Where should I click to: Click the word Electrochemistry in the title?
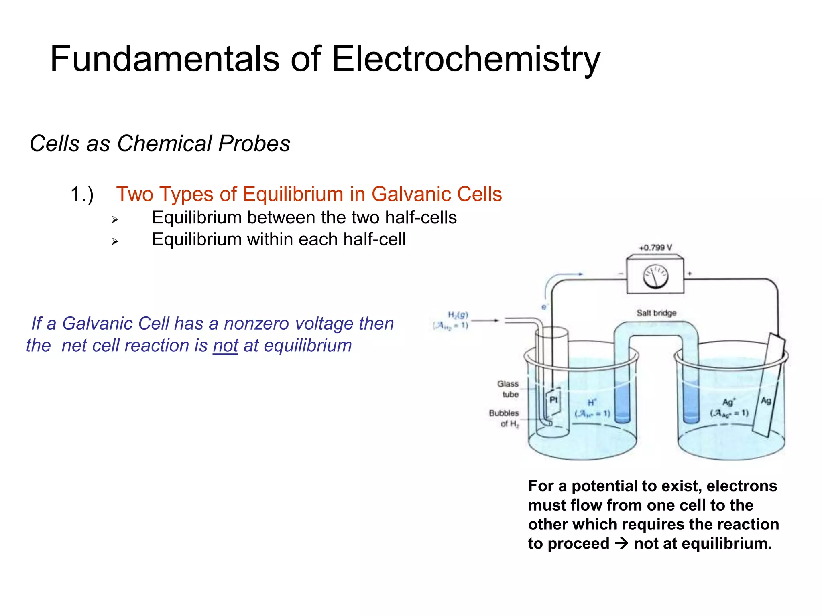(466, 59)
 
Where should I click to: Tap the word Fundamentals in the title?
(165, 59)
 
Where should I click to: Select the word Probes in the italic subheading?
(254, 144)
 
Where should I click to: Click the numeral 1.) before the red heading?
(82, 195)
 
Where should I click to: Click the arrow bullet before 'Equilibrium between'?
(115, 220)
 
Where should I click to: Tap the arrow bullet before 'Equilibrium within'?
(115, 241)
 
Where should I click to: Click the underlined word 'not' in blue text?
(225, 346)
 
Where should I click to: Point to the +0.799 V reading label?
(655, 248)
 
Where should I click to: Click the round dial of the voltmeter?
(655, 277)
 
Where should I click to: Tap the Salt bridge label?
(656, 313)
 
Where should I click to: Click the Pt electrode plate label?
(554, 400)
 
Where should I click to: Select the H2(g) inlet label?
(458, 315)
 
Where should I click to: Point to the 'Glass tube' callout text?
(508, 389)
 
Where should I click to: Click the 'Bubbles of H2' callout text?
(505, 418)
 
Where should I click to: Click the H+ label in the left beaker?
(592, 403)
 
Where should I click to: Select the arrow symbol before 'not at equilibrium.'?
(622, 544)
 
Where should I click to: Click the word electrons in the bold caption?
(742, 486)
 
